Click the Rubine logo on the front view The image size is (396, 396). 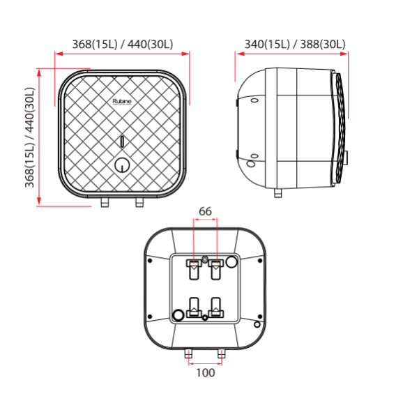coord(122,101)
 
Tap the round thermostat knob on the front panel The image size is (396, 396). coord(122,165)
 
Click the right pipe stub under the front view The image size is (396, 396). coord(139,202)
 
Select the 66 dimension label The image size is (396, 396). coord(205,211)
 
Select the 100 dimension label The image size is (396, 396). coord(205,373)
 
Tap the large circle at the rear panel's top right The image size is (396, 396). coord(232,262)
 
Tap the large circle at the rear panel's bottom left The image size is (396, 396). coord(178,315)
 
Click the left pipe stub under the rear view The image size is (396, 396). coord(188,354)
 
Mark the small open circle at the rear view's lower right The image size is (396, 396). coord(257,325)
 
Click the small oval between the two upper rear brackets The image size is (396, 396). coord(205,261)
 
